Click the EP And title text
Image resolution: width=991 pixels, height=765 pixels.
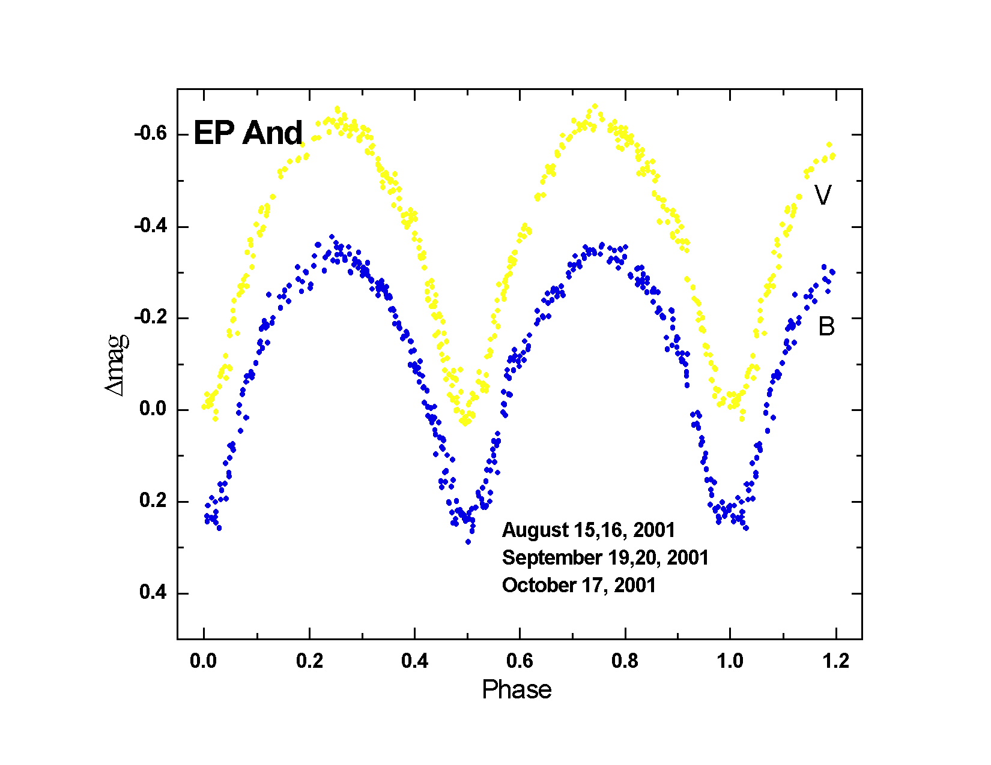247,133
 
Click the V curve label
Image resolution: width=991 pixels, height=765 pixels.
823,196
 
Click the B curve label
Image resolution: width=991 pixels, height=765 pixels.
826,326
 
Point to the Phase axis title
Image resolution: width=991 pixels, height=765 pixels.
517,690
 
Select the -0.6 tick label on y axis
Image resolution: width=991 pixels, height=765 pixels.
150,133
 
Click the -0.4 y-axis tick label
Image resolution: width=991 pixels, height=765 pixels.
150,226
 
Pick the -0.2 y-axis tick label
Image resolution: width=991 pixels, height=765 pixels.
150,317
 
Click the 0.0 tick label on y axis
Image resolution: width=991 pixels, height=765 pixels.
153,409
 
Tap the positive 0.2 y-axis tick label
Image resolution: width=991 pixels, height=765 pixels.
153,500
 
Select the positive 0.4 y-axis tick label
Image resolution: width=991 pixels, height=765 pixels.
153,593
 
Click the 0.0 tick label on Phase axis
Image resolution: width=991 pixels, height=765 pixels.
203,661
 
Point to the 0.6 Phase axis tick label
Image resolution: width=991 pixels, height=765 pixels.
520,661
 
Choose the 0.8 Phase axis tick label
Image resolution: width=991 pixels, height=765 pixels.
625,661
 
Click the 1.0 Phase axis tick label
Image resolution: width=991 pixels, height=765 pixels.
730,661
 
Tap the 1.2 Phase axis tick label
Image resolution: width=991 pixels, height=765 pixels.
835,661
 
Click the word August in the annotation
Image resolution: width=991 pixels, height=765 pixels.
535,530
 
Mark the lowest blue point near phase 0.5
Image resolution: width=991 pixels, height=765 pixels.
468,542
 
